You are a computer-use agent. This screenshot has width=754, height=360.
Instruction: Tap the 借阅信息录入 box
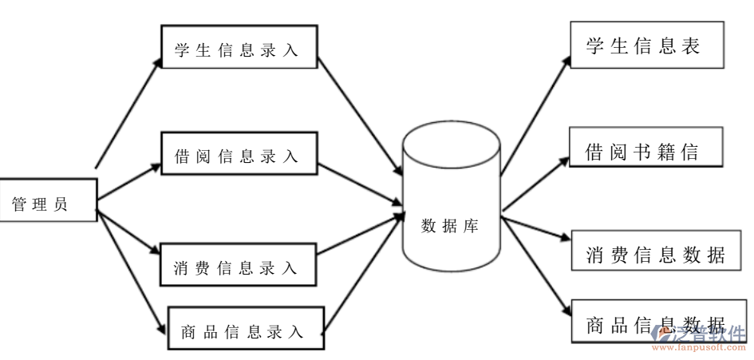point(239,154)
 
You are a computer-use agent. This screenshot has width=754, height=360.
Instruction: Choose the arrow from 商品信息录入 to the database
point(363,271)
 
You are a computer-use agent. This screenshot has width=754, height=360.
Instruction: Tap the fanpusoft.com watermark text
point(701,348)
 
